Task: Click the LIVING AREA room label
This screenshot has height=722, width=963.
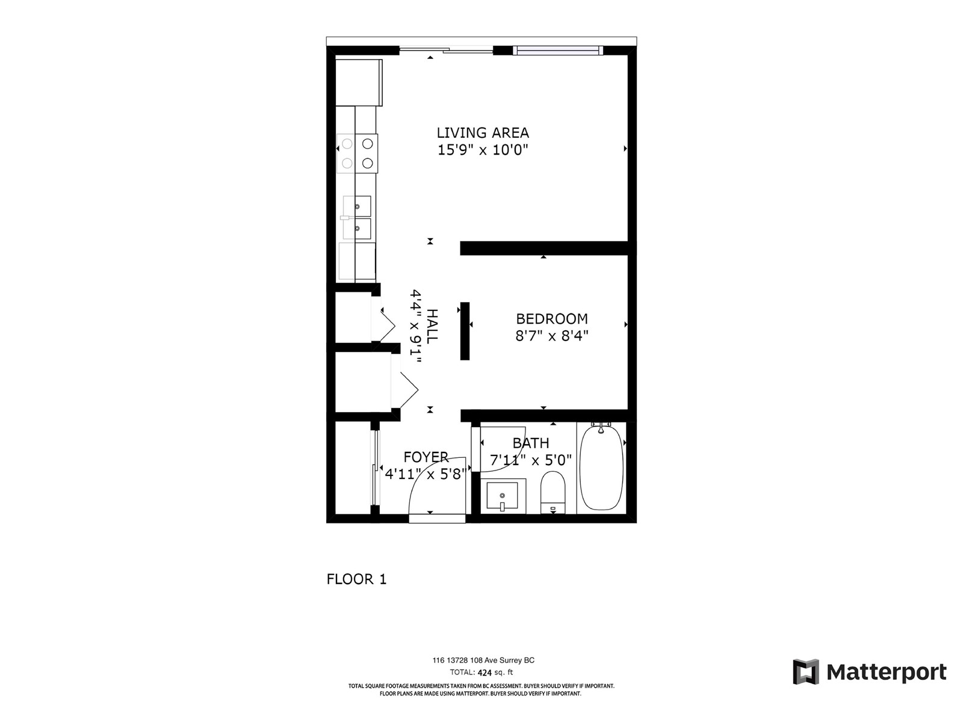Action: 482,133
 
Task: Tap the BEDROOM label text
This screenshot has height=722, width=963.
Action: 551,319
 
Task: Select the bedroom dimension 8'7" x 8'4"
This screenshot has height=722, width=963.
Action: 551,336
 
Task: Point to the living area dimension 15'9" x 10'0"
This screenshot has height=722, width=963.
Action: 483,150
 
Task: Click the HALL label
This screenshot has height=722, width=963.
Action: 432,326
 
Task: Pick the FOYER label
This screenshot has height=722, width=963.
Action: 426,457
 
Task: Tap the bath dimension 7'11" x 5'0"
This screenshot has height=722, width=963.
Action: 530,460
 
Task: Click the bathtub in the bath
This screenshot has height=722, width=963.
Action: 601,467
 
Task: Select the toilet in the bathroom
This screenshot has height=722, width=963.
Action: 553,492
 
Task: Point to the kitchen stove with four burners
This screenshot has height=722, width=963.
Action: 357,153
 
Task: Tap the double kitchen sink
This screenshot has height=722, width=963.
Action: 357,217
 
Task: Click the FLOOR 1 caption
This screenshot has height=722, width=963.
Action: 356,579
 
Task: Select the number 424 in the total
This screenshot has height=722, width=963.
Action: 485,673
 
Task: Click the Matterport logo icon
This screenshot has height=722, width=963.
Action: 806,671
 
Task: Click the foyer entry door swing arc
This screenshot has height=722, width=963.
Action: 421,471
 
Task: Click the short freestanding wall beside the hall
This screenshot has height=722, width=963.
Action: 465,331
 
